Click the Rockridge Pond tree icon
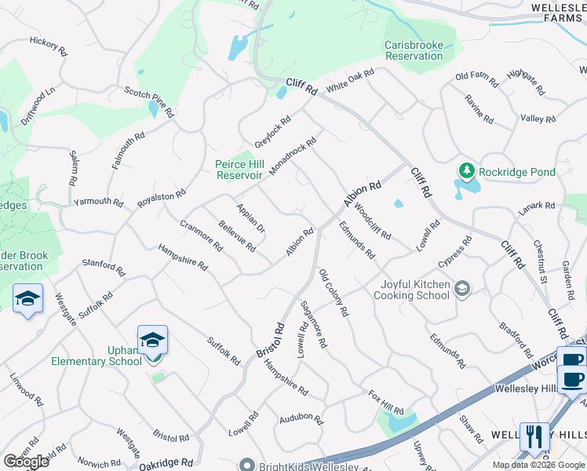[x=466, y=171]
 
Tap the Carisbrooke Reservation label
[x=414, y=50]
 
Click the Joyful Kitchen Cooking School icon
[x=463, y=289]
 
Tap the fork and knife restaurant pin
[x=534, y=436]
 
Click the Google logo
[x=26, y=462]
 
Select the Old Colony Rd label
[x=334, y=293]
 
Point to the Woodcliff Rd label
[x=367, y=223]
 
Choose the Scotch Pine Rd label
[x=149, y=102]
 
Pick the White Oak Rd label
[x=351, y=81]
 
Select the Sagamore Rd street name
[x=315, y=327]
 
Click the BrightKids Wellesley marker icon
[x=247, y=465]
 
